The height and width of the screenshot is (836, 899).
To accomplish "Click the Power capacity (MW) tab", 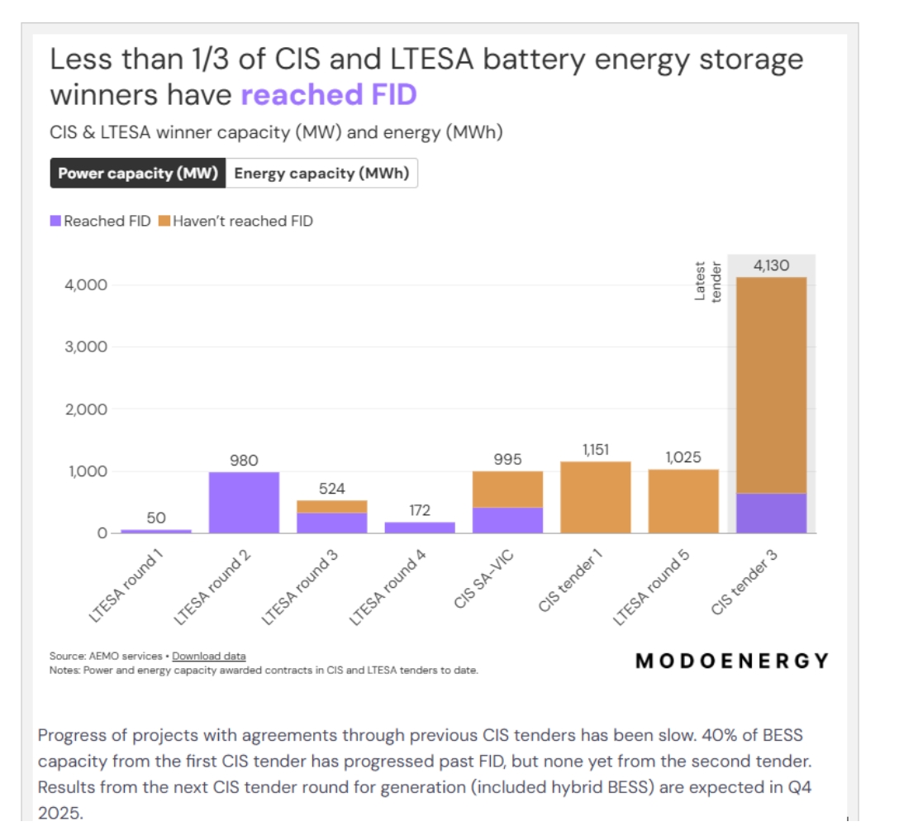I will point(138,174).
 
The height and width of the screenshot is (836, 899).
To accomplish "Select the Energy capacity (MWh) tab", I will point(321,174).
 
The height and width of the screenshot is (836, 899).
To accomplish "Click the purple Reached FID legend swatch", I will point(56,221).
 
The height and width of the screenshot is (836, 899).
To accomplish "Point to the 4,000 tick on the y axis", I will point(85,285).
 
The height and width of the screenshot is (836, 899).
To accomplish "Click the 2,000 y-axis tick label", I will point(85,409).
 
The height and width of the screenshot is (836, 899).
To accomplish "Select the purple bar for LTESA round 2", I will point(244,502).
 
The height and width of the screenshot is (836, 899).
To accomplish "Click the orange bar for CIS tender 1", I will point(595,497).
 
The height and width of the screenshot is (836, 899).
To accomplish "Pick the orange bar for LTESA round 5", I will point(683,501).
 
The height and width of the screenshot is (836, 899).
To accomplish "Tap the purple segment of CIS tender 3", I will point(770,514).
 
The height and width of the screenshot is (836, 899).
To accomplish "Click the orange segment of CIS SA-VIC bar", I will point(507,490).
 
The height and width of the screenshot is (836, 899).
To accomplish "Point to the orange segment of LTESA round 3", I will point(331,506).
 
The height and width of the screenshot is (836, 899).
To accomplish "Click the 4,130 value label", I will point(771,265).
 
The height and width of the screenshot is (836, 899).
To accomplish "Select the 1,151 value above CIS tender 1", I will point(595,450).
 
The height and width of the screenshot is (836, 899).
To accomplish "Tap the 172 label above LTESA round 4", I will point(419,510).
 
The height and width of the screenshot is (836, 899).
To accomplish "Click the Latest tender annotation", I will point(708,282).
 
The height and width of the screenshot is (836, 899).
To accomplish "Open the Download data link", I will point(209,656).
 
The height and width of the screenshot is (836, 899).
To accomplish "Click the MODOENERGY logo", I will point(732,661).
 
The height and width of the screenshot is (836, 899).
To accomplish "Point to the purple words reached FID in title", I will point(329,95).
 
